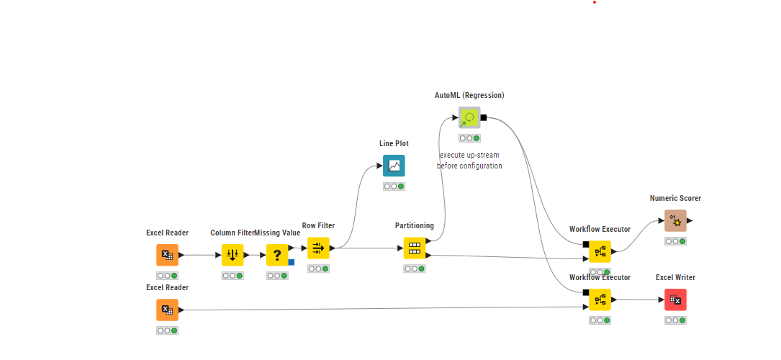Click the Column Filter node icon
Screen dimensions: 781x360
pos(232,255)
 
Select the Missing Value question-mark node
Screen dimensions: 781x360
pos(277,255)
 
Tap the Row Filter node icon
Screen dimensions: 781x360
pos(318,248)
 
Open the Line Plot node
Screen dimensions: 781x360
pos(394,166)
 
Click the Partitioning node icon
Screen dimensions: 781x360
pos(415,248)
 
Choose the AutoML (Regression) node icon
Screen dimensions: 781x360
pos(470,117)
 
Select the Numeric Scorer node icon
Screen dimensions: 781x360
pos(675,220)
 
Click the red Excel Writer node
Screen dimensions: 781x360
pos(675,300)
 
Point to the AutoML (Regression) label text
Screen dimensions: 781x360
pos(469,95)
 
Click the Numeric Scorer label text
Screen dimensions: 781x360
pos(675,198)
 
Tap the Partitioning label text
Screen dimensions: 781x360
pos(415,225)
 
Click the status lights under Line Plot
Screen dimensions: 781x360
pos(394,186)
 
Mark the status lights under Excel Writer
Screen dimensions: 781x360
pos(675,320)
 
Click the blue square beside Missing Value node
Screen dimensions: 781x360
pos(292,262)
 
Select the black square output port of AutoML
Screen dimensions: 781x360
pos(484,117)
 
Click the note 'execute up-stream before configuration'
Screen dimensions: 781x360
pos(470,161)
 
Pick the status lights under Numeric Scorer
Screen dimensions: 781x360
pos(675,241)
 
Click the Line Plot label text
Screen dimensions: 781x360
pos(394,143)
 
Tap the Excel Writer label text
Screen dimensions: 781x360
pos(675,277)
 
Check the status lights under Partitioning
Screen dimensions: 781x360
pos(415,269)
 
